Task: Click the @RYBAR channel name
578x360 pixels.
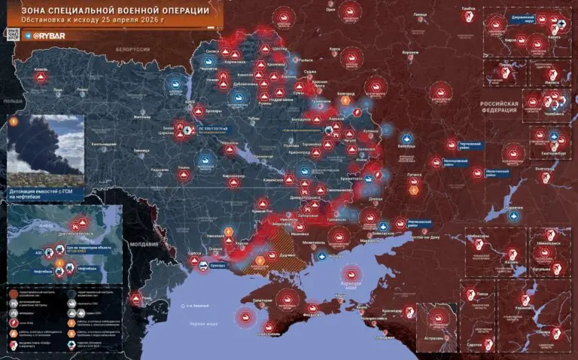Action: (x=53, y=35)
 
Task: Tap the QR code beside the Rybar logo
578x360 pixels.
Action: (x=13, y=34)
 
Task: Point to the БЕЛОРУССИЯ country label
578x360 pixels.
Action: (x=132, y=49)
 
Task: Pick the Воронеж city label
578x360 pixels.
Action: (x=409, y=53)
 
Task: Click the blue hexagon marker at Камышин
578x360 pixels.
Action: (x=515, y=215)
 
